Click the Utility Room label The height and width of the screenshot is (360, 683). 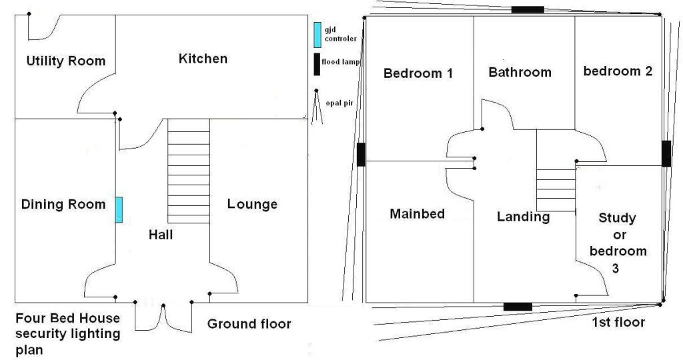click(x=66, y=61)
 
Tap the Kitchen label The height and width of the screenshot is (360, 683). click(x=203, y=59)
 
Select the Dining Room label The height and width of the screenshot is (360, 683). click(x=63, y=204)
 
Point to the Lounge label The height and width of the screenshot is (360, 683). click(x=252, y=204)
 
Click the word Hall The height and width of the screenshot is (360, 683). click(x=161, y=235)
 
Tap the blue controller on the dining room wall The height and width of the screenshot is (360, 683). click(x=119, y=210)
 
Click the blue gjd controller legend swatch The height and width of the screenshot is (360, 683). click(x=317, y=35)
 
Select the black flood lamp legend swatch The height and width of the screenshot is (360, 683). click(x=317, y=65)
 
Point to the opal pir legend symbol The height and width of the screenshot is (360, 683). click(x=317, y=107)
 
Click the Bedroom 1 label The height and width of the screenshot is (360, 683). click(x=418, y=73)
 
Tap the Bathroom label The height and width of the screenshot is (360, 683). click(x=520, y=72)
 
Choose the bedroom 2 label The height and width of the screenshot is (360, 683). click(x=618, y=71)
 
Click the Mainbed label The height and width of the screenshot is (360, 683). click(x=418, y=214)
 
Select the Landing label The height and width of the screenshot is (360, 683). click(x=523, y=217)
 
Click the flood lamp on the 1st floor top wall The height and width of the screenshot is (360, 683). click(x=528, y=9)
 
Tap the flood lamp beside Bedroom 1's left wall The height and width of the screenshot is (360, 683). click(x=361, y=155)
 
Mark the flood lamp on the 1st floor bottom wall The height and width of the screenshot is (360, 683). click(x=518, y=307)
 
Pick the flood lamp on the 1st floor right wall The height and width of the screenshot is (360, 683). click(x=666, y=153)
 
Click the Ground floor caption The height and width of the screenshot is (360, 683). click(x=249, y=324)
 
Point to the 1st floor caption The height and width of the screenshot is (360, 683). click(x=618, y=322)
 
